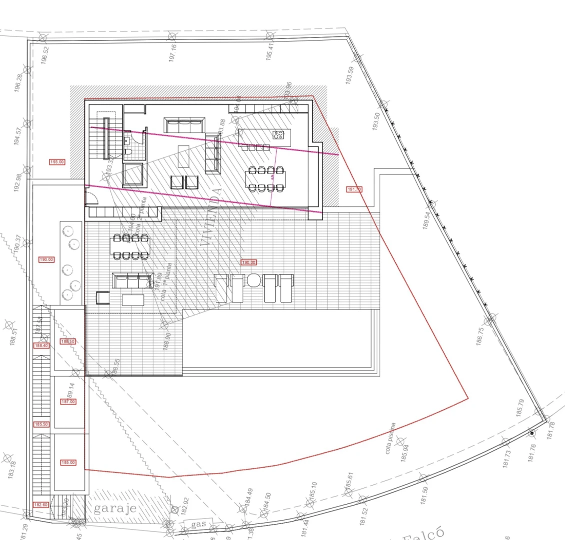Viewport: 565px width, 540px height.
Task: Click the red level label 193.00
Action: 57,161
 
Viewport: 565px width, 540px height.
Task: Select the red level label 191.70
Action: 354,189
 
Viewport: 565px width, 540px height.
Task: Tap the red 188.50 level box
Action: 67,341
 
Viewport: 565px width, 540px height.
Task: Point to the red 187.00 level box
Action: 68,401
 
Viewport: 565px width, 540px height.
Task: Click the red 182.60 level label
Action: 40,505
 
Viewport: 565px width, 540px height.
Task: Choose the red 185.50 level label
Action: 41,424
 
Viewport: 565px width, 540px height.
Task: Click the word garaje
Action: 115,509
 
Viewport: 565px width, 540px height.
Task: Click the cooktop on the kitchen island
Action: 278,134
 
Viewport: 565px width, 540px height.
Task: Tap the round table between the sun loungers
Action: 254,280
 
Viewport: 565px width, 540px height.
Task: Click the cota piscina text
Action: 390,439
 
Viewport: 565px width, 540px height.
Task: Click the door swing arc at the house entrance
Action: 92,199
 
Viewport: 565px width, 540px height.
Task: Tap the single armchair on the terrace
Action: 102,298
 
